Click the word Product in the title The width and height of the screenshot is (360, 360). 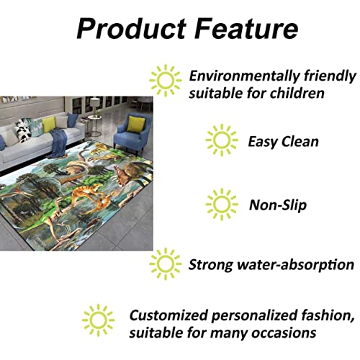tap(132, 28)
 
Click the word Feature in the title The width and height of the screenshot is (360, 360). tap(246, 28)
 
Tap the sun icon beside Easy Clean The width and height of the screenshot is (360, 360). tap(222, 140)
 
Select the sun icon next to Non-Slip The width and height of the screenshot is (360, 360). tap(222, 204)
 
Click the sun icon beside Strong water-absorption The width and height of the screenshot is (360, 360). tap(166, 264)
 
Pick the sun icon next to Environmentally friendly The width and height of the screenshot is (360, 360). tap(166, 80)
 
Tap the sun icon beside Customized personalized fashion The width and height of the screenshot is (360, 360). tap(98, 320)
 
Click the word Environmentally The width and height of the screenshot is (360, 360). tap(244, 76)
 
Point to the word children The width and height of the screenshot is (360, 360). tap(297, 93)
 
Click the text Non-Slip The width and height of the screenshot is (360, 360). tap(278, 205)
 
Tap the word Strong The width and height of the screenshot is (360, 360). tap(210, 265)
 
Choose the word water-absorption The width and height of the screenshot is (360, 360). tap(295, 265)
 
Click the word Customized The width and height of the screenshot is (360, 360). tap(168, 315)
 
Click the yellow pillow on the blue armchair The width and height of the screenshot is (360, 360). tap(135, 124)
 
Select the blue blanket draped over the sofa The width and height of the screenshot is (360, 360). tap(58, 143)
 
